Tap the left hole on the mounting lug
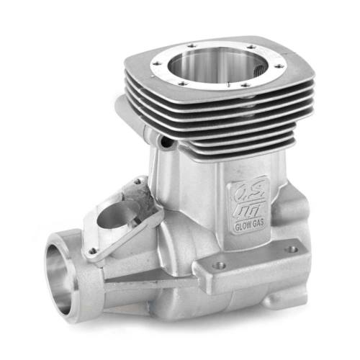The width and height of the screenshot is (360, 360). (x=220, y=265)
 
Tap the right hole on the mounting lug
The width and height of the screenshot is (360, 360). (x=292, y=250)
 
